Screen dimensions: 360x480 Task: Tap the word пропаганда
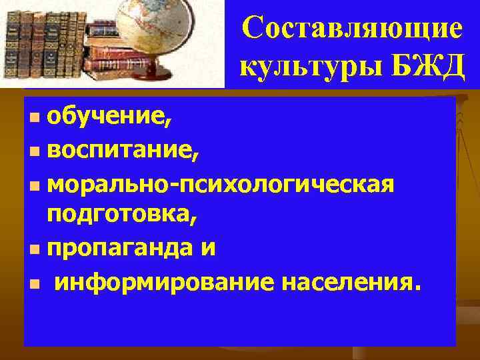click(117, 249)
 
